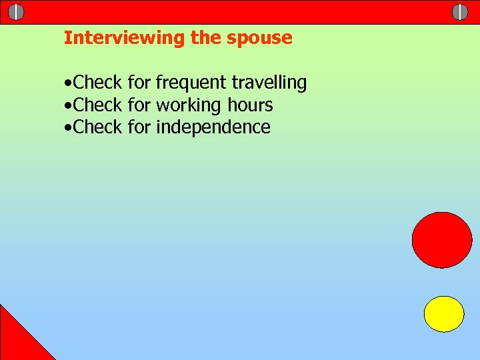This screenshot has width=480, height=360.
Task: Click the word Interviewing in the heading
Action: coord(124,38)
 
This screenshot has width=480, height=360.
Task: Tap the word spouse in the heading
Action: coord(259,39)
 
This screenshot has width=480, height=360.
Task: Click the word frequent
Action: coord(191,83)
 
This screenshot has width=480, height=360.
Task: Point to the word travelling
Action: coord(269,83)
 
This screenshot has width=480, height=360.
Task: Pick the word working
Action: coord(189,105)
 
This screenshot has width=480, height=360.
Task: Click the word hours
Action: coord(250,105)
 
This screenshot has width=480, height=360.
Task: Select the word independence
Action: coord(213,127)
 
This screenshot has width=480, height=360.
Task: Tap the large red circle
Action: coord(442,240)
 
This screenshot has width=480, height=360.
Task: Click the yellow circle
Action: coord(444,314)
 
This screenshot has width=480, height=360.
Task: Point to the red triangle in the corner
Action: coord(17,340)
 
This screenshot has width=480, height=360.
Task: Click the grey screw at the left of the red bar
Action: coord(17,12)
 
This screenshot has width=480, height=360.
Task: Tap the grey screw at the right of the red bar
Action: coord(460,12)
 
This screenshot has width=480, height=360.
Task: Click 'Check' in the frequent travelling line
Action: coord(97,83)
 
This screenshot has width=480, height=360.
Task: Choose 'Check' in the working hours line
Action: coord(97,105)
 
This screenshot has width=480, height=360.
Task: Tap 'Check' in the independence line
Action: coord(97,127)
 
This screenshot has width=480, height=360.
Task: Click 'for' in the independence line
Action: coord(139,127)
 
